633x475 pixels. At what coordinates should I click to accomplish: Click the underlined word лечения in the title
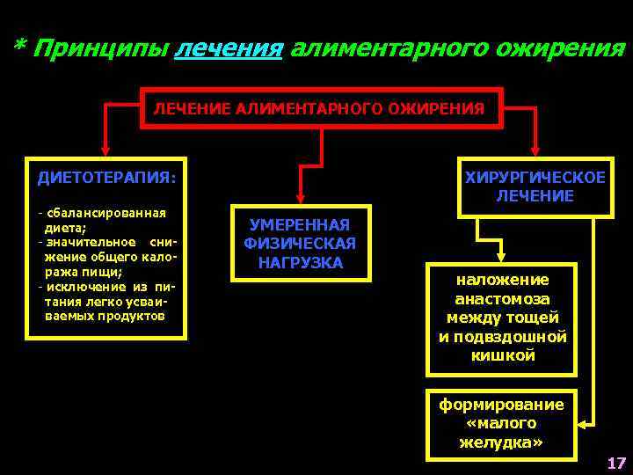[x=229, y=47]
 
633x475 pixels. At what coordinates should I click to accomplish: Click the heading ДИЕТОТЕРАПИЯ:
[x=106, y=178]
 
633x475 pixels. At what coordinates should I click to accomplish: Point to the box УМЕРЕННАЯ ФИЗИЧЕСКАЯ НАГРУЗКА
[x=300, y=244]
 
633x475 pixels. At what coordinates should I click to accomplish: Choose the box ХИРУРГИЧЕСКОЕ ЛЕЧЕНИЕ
[x=535, y=186]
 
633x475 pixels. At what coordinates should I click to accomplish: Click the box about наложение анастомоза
[x=502, y=318]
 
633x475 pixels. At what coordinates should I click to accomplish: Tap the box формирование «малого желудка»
[x=501, y=423]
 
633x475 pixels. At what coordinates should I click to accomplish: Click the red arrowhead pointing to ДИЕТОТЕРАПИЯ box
[x=106, y=150]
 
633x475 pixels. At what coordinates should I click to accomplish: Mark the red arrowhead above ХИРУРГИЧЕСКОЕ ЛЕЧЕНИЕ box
[x=535, y=150]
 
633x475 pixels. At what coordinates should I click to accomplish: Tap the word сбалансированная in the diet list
[x=106, y=213]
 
